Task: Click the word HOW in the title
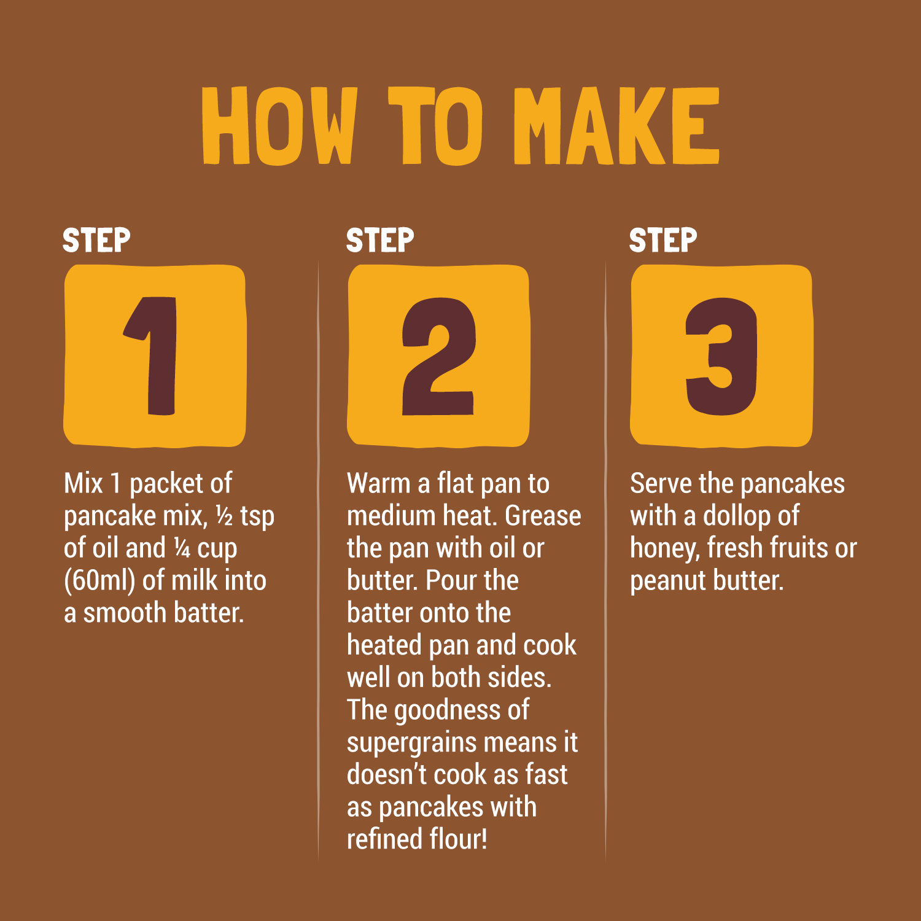click(x=280, y=126)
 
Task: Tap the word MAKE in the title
click(x=616, y=126)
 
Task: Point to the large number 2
click(x=438, y=356)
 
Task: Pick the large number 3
click(x=721, y=356)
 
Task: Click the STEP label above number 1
click(x=96, y=240)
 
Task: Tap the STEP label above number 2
click(x=380, y=240)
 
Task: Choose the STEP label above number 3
click(x=663, y=240)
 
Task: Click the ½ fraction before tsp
click(x=224, y=516)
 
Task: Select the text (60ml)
click(x=99, y=581)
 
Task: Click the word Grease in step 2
click(x=543, y=516)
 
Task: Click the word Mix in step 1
click(x=84, y=483)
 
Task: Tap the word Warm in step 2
click(x=378, y=483)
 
